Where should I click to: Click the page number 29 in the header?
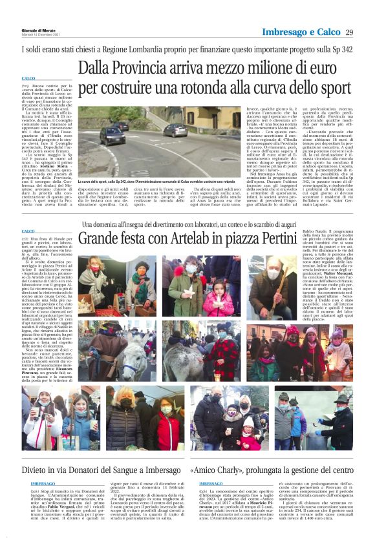point(349,33)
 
